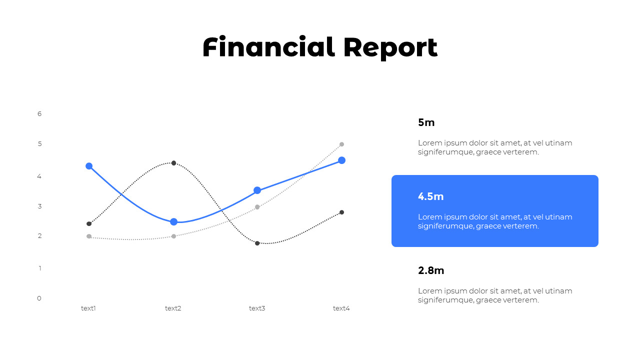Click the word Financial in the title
(268, 47)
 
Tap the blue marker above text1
(89, 166)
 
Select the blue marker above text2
(173, 222)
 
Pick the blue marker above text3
(257, 190)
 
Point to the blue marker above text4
(342, 160)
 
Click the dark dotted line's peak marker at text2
(173, 163)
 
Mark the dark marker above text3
(257, 243)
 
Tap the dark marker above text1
(89, 223)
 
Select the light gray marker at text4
(342, 144)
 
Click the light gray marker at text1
(89, 236)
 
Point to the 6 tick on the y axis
(39, 114)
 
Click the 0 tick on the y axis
(39, 298)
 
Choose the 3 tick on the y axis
(39, 206)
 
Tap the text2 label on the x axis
(173, 308)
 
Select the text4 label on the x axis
(341, 308)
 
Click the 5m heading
(426, 122)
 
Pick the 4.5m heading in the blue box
(431, 196)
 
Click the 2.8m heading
(431, 270)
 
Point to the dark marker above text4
(342, 212)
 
